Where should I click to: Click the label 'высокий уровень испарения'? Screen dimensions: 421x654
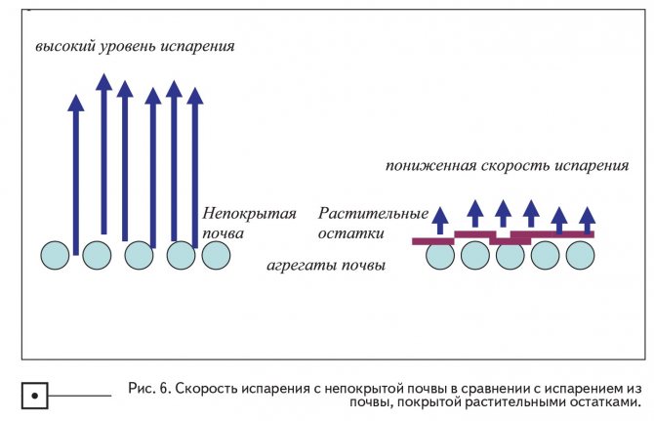coord(136,46)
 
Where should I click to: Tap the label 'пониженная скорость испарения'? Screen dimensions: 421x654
coord(505,165)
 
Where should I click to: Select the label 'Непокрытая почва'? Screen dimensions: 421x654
coord(249,224)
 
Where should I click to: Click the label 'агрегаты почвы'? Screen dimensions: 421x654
coord(326,265)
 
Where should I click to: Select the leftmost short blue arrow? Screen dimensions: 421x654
coord(440,221)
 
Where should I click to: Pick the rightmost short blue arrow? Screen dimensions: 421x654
coord(587,219)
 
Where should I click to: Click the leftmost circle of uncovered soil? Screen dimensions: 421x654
coord(55,256)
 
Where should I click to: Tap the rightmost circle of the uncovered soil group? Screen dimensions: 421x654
coord(216,256)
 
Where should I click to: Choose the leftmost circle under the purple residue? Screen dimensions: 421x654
coord(440,256)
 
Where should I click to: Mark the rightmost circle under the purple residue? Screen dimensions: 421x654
coord(581,256)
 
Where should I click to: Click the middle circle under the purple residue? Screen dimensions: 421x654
coord(511,256)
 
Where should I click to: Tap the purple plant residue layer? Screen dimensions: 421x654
coord(504,237)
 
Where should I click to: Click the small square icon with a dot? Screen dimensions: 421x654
coord(34,396)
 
